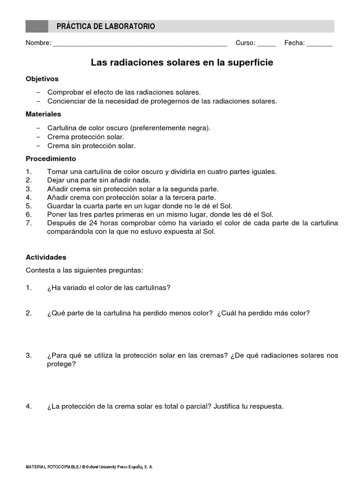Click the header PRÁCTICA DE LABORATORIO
[105, 27]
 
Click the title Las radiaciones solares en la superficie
[182, 62]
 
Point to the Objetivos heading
[42, 79]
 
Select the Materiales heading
[43, 114]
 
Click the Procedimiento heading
[51, 159]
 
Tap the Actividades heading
[46, 257]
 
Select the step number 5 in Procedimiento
[29, 206]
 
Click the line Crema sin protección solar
[91, 146]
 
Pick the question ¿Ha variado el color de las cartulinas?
[109, 288]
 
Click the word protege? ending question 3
[61, 364]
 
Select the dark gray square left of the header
[37, 26]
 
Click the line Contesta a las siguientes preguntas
[84, 270]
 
